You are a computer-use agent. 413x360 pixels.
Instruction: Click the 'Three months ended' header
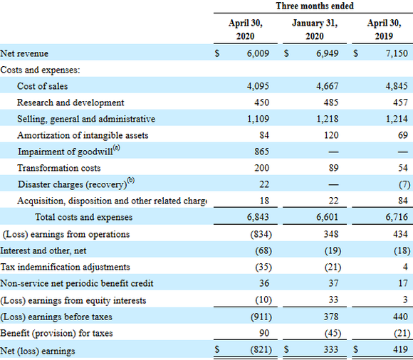315,6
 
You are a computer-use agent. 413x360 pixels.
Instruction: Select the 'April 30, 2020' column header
246,29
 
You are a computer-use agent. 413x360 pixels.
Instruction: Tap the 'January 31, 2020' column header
315,29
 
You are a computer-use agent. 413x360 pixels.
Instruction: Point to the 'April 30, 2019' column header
385,29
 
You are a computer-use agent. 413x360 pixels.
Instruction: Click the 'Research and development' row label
70,102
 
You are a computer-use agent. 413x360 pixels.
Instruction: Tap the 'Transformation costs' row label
59,169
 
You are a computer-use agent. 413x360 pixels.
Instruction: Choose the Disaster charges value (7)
404,185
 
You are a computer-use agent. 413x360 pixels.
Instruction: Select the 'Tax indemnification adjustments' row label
64,267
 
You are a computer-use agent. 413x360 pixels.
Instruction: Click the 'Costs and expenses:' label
40,70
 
